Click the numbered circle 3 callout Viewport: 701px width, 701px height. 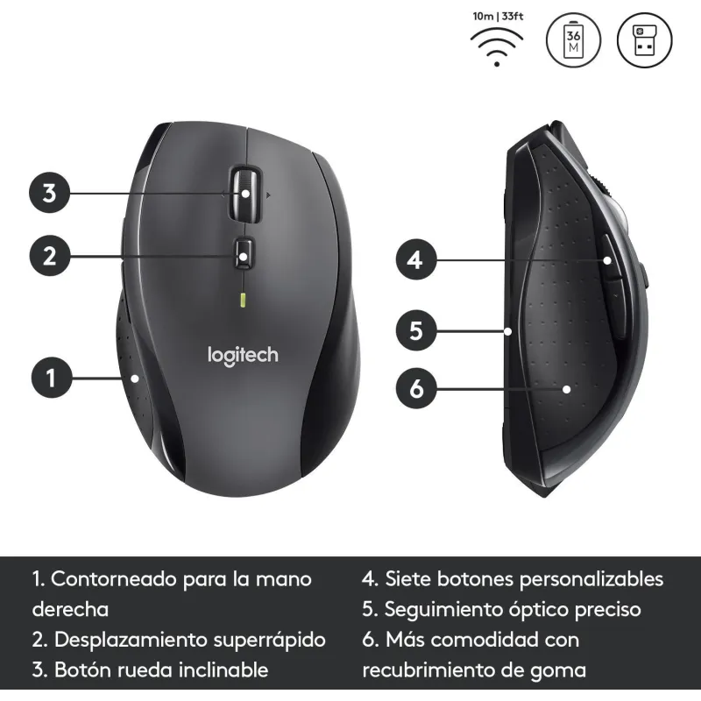(x=49, y=193)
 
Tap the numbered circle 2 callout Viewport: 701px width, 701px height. (x=50, y=256)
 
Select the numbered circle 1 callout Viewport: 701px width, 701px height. (x=52, y=378)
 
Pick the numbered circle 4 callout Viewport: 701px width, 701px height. (x=416, y=259)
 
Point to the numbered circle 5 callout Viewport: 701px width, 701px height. (x=416, y=330)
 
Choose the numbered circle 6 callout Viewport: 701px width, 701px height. (x=416, y=388)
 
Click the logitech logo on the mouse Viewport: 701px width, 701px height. (x=243, y=356)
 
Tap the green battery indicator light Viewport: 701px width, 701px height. (x=243, y=300)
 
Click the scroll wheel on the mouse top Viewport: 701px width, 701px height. (x=245, y=194)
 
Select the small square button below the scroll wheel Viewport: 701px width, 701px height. (x=244, y=254)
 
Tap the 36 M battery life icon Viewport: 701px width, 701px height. (x=574, y=40)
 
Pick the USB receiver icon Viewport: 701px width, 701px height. (x=645, y=40)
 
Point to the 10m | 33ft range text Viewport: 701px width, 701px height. (x=498, y=17)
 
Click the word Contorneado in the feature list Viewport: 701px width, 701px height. (x=114, y=579)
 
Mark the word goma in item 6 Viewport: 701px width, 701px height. (x=558, y=670)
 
